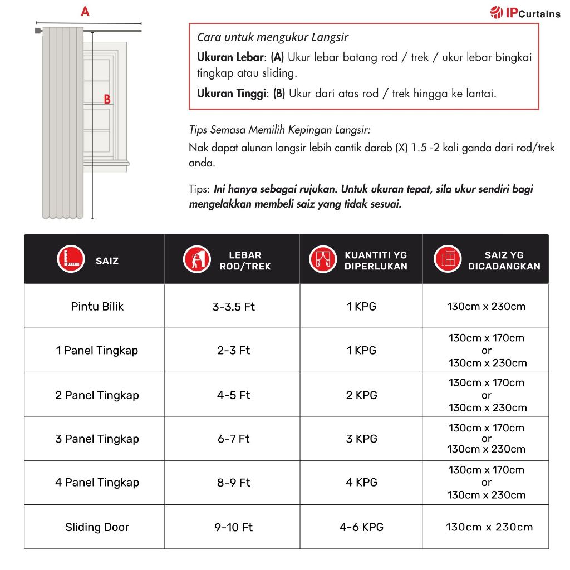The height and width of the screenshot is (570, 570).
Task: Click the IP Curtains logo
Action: pos(525,13)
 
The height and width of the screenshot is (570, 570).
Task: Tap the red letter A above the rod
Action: pos(85,11)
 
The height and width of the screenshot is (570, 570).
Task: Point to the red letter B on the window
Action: pos(107,100)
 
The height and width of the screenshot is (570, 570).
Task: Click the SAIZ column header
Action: pos(107,261)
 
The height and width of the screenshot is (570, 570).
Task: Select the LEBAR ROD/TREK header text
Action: pos(245,261)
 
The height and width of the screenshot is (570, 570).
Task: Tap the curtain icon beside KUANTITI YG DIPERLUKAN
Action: pos(323,259)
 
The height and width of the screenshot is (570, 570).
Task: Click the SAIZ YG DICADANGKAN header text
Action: pos(504,261)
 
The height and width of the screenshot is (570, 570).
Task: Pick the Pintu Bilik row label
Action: pos(97,306)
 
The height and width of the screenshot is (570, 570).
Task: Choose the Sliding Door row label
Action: pos(97,527)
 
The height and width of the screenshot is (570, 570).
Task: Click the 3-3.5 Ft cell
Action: pos(234,306)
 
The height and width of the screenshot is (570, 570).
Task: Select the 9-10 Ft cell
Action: pos(234,527)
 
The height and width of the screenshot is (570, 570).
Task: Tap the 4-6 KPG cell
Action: pos(362,527)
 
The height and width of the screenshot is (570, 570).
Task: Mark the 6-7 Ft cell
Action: pos(234,439)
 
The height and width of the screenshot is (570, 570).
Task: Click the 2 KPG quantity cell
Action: pos(362,395)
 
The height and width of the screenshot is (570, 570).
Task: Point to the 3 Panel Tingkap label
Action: pos(97,439)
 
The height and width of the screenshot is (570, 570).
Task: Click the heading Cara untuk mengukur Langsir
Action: pos(273,37)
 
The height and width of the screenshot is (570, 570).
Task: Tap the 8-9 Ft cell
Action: pos(234,483)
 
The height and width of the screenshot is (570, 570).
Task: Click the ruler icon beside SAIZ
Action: pos(71,259)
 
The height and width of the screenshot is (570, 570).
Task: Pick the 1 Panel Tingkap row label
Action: pos(97,351)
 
